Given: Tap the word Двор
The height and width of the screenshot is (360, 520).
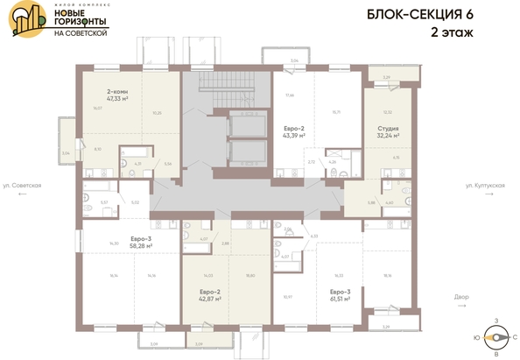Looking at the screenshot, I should point(488,296).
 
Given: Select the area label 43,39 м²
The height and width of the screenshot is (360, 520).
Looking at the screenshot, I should point(293,136).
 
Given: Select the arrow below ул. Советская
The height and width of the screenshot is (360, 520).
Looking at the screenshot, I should point(22,195).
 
